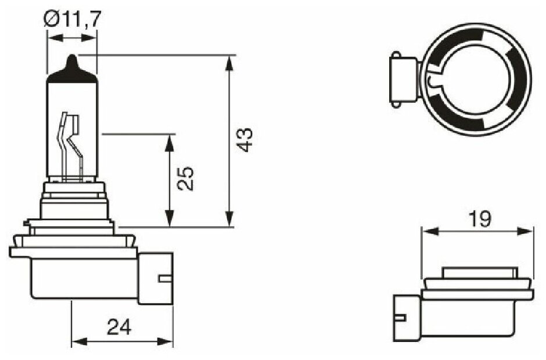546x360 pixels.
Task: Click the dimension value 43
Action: tap(246, 140)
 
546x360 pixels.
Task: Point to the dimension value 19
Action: tap(480, 219)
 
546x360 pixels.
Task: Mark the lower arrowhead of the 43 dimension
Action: tap(231, 221)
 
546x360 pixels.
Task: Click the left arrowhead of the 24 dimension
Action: tap(76, 340)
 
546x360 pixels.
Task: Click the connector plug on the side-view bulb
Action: tap(156, 278)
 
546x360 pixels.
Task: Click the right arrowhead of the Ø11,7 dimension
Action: tap(91, 38)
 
